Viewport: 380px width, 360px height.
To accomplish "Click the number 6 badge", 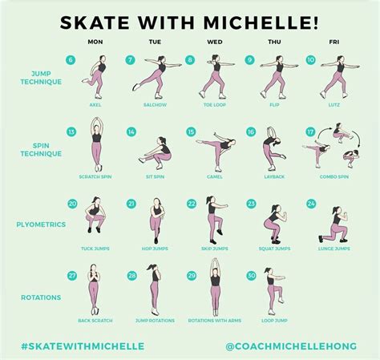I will click(71, 59).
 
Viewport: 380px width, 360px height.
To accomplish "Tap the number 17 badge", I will click(310, 131).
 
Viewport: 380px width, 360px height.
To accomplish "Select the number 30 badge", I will click(251, 275).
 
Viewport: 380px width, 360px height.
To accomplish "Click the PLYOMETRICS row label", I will click(40, 224).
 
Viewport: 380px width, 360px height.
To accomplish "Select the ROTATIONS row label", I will click(40, 297).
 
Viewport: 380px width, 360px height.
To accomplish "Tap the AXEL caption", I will click(95, 104).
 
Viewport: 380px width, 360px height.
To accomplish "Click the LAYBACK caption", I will click(275, 176).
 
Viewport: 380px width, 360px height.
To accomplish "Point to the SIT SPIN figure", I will click(155, 152).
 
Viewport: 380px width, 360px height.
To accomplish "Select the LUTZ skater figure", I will click(336, 76).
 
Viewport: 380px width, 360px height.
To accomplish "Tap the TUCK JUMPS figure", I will click(95, 220).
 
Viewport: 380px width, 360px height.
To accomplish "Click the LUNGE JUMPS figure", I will click(334, 225).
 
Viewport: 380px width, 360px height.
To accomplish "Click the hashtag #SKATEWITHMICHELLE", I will click(83, 346).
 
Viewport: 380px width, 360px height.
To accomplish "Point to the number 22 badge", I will click(191, 204).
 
